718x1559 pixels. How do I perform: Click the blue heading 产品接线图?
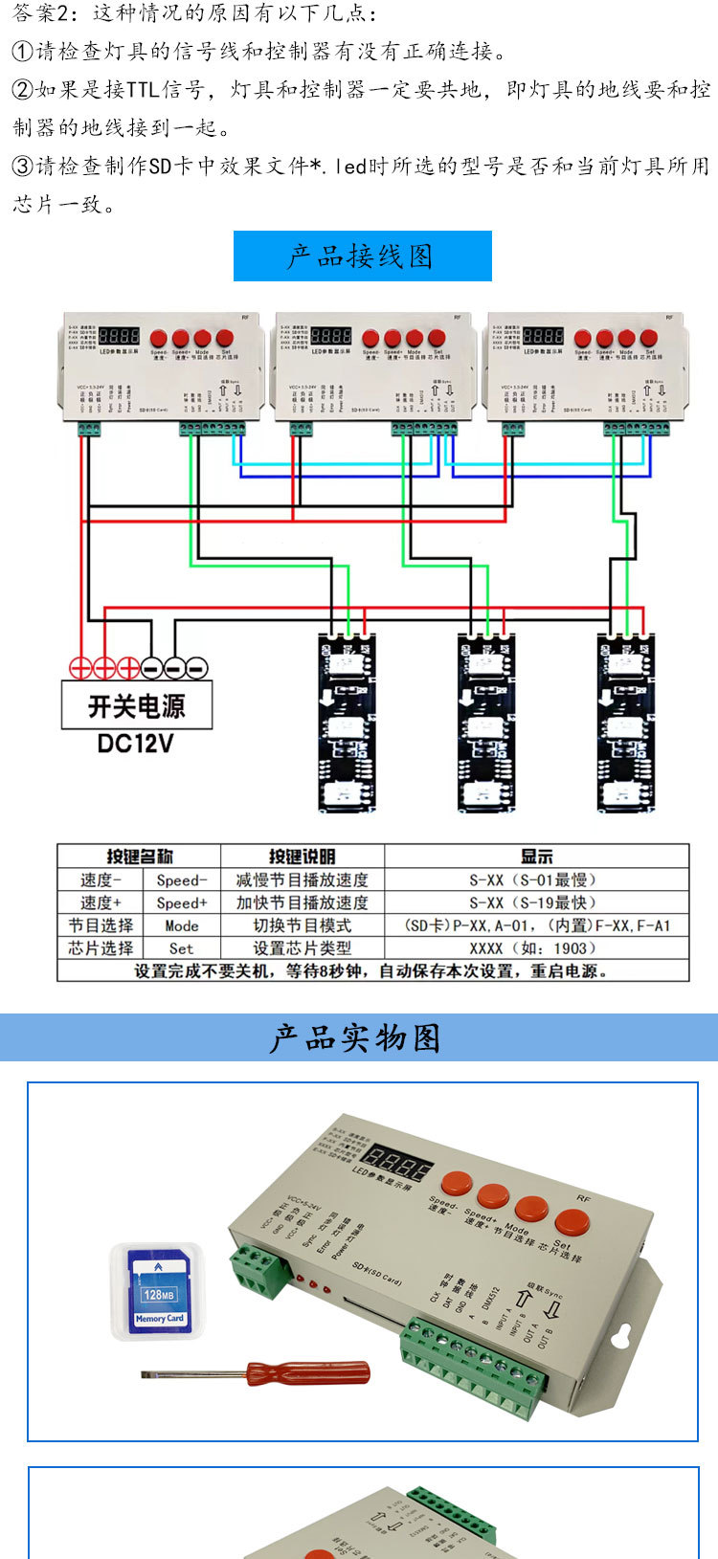click(362, 256)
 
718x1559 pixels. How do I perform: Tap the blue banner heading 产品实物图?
click(356, 1038)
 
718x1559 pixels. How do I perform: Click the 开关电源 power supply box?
click(137, 706)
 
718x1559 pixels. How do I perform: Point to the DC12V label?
click(136, 744)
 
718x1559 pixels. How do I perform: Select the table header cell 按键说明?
click(302, 857)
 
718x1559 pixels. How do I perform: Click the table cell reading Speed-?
click(181, 880)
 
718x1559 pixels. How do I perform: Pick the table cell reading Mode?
click(181, 925)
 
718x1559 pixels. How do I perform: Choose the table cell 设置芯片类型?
click(302, 948)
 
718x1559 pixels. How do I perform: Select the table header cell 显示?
click(536, 857)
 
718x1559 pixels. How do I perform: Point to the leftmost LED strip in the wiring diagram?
click(347, 723)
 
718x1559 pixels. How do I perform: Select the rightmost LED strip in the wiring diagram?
click(627, 723)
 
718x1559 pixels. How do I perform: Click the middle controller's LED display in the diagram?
click(331, 337)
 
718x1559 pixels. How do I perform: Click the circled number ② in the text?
click(22, 90)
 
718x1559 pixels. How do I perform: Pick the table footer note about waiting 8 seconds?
click(371, 970)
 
